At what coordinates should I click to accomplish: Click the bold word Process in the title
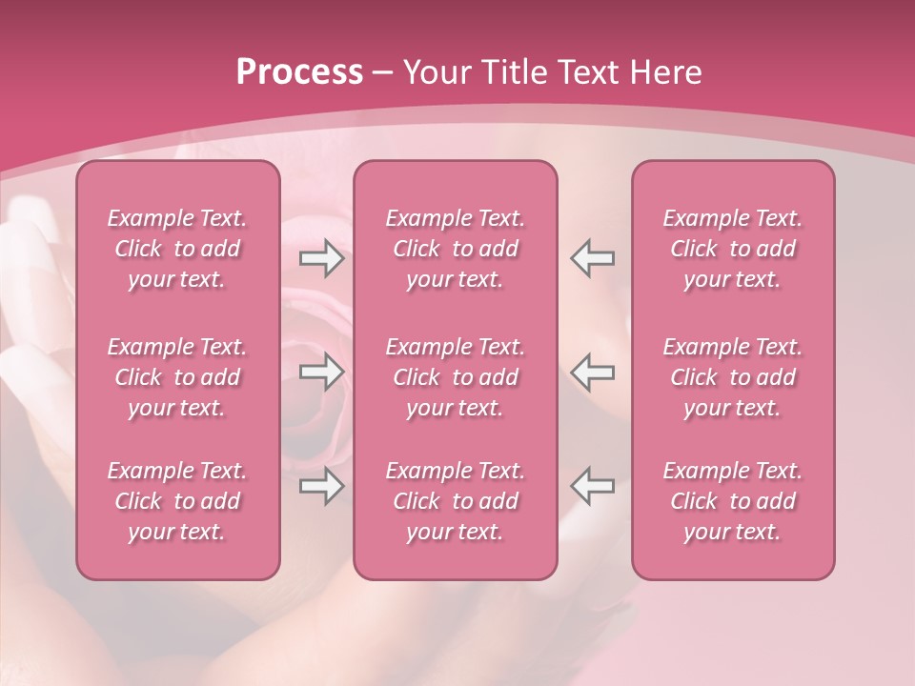[299, 72]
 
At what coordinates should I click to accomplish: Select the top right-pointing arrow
[321, 258]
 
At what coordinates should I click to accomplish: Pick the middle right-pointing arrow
[321, 372]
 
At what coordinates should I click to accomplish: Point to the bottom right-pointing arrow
[321, 486]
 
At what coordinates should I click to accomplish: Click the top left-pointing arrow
[593, 258]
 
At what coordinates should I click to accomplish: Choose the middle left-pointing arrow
[593, 372]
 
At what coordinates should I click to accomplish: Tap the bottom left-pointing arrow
[593, 486]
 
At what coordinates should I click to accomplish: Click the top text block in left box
[177, 249]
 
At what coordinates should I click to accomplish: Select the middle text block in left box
[177, 377]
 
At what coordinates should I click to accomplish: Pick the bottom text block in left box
[177, 501]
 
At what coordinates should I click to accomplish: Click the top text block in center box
[456, 249]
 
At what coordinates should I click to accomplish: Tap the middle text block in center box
[456, 377]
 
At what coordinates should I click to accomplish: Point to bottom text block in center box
[456, 501]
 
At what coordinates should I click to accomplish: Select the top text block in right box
[733, 249]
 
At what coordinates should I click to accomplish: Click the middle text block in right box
[733, 377]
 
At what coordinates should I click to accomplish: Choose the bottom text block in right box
[733, 501]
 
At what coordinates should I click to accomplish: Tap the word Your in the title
[436, 72]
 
